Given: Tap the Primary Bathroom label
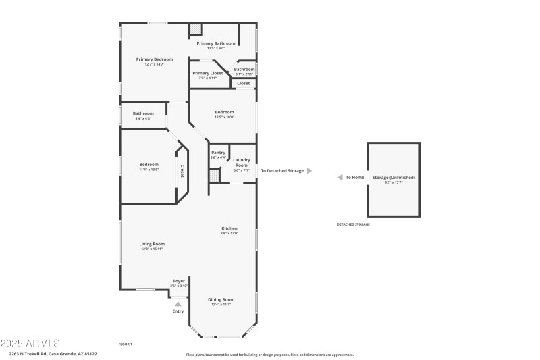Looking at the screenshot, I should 215,43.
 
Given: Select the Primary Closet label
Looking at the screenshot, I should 207,73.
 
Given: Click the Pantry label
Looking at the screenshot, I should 218,153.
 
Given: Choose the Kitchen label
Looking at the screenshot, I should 230,229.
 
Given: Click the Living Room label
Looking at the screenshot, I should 153,244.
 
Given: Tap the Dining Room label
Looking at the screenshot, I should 221,299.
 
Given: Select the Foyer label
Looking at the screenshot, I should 179,281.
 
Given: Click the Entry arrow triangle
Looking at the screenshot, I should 178,304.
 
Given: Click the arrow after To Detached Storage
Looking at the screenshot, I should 309,171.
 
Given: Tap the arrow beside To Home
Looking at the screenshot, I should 340,177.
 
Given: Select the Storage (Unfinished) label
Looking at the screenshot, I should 394,177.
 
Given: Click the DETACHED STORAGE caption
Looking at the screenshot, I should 353,224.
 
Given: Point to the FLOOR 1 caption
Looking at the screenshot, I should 125,344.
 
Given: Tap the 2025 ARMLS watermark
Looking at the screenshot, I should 30,343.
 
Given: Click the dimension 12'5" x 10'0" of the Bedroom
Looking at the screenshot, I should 224,117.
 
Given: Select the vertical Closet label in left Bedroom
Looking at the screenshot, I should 182,172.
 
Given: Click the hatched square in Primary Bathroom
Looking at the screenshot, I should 195,29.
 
